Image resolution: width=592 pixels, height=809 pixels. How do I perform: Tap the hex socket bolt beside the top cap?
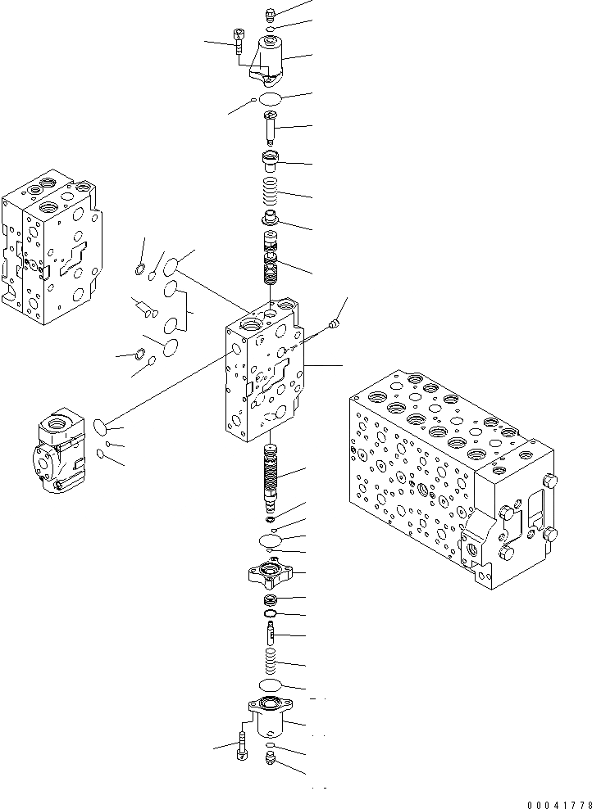point(239,40)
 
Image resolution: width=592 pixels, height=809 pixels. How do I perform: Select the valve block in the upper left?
point(50,246)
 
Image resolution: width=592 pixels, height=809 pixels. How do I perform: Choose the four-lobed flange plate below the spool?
point(269,573)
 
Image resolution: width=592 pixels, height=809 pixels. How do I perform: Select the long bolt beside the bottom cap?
point(242,744)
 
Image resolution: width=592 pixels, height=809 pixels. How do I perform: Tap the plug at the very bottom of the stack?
point(271,761)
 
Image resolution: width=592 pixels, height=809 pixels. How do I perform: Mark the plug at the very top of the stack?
point(271,14)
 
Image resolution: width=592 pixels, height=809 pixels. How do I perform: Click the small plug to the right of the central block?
point(335,325)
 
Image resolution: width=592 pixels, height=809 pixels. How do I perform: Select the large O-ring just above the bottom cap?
point(270,685)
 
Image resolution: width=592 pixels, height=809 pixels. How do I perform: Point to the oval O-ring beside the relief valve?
point(100,426)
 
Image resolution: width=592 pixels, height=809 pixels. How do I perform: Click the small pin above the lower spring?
point(271,633)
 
